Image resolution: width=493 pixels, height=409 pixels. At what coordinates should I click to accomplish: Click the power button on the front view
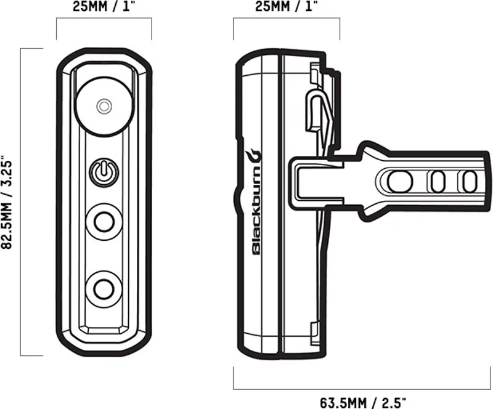104,172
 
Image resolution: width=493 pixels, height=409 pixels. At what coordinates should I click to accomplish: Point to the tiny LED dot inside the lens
104,106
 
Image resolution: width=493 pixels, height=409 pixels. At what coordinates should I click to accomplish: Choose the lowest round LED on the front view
104,288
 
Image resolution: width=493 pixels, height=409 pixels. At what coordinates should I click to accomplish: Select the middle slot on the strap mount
438,181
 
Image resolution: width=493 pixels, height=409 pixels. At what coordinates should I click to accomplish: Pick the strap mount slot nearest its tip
470,181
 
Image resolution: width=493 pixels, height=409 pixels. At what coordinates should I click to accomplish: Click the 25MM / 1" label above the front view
104,7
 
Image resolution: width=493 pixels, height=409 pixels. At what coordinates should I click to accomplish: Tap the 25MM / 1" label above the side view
286,7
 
